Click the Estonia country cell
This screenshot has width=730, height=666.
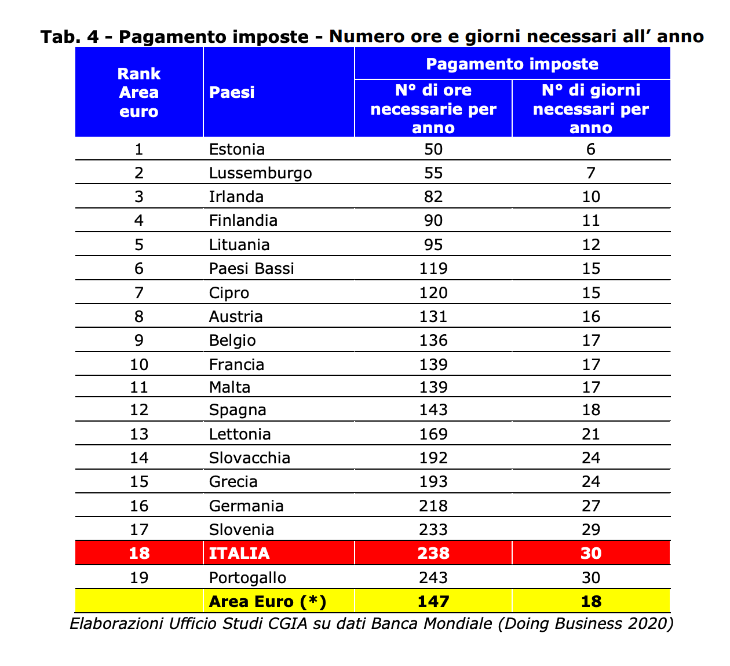236,149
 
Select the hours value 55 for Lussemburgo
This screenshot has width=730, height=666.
433,173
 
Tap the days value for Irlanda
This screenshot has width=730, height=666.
590,197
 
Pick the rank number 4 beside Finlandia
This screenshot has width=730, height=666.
138,221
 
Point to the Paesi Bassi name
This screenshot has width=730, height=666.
251,269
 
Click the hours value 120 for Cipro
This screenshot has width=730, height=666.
433,292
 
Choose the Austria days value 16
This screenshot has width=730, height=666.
590,317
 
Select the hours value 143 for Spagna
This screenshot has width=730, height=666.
433,410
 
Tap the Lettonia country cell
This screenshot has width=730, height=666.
240,434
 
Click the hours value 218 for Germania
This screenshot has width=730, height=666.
433,506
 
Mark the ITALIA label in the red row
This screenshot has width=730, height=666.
239,554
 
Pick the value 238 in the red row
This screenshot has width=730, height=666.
433,554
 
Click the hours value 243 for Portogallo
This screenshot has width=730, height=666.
433,578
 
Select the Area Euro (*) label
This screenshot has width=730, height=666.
268,602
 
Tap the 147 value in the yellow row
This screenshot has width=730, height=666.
433,602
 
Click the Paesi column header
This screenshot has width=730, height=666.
232,93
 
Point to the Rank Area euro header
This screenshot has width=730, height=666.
138,93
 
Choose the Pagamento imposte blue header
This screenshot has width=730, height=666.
512,64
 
